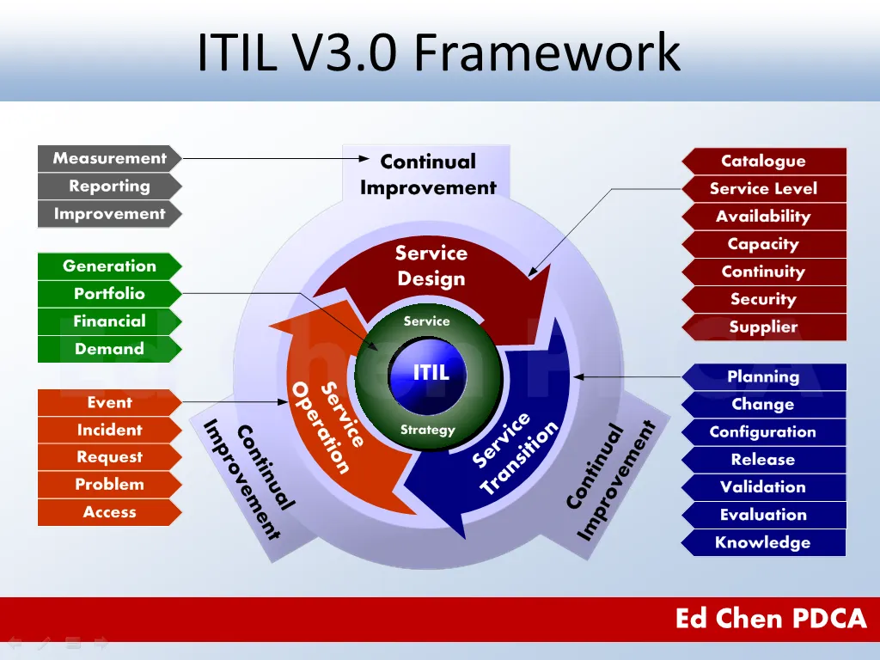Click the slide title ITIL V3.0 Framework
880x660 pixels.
tap(438, 52)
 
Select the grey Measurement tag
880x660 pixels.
tap(109, 158)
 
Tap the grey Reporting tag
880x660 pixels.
tap(109, 186)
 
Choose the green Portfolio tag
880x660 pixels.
tap(109, 294)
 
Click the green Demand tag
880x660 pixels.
tap(109, 349)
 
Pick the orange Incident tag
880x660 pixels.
tap(109, 430)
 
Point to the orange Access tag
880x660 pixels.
tap(109, 512)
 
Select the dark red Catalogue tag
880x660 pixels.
tap(763, 162)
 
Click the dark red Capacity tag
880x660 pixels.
tap(763, 244)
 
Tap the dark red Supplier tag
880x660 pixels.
tap(763, 327)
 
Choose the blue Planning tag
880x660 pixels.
tap(763, 376)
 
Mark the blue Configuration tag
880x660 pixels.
tap(763, 432)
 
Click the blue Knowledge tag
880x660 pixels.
tap(763, 542)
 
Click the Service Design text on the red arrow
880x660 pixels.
tap(431, 266)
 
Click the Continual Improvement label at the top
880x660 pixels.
tap(428, 174)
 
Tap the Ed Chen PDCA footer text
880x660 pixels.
tap(771, 619)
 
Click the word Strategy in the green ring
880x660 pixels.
tap(427, 430)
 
